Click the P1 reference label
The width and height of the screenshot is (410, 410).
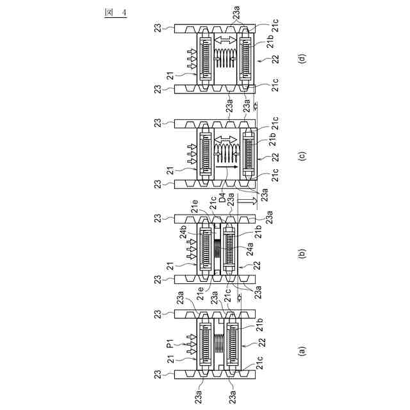170,346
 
